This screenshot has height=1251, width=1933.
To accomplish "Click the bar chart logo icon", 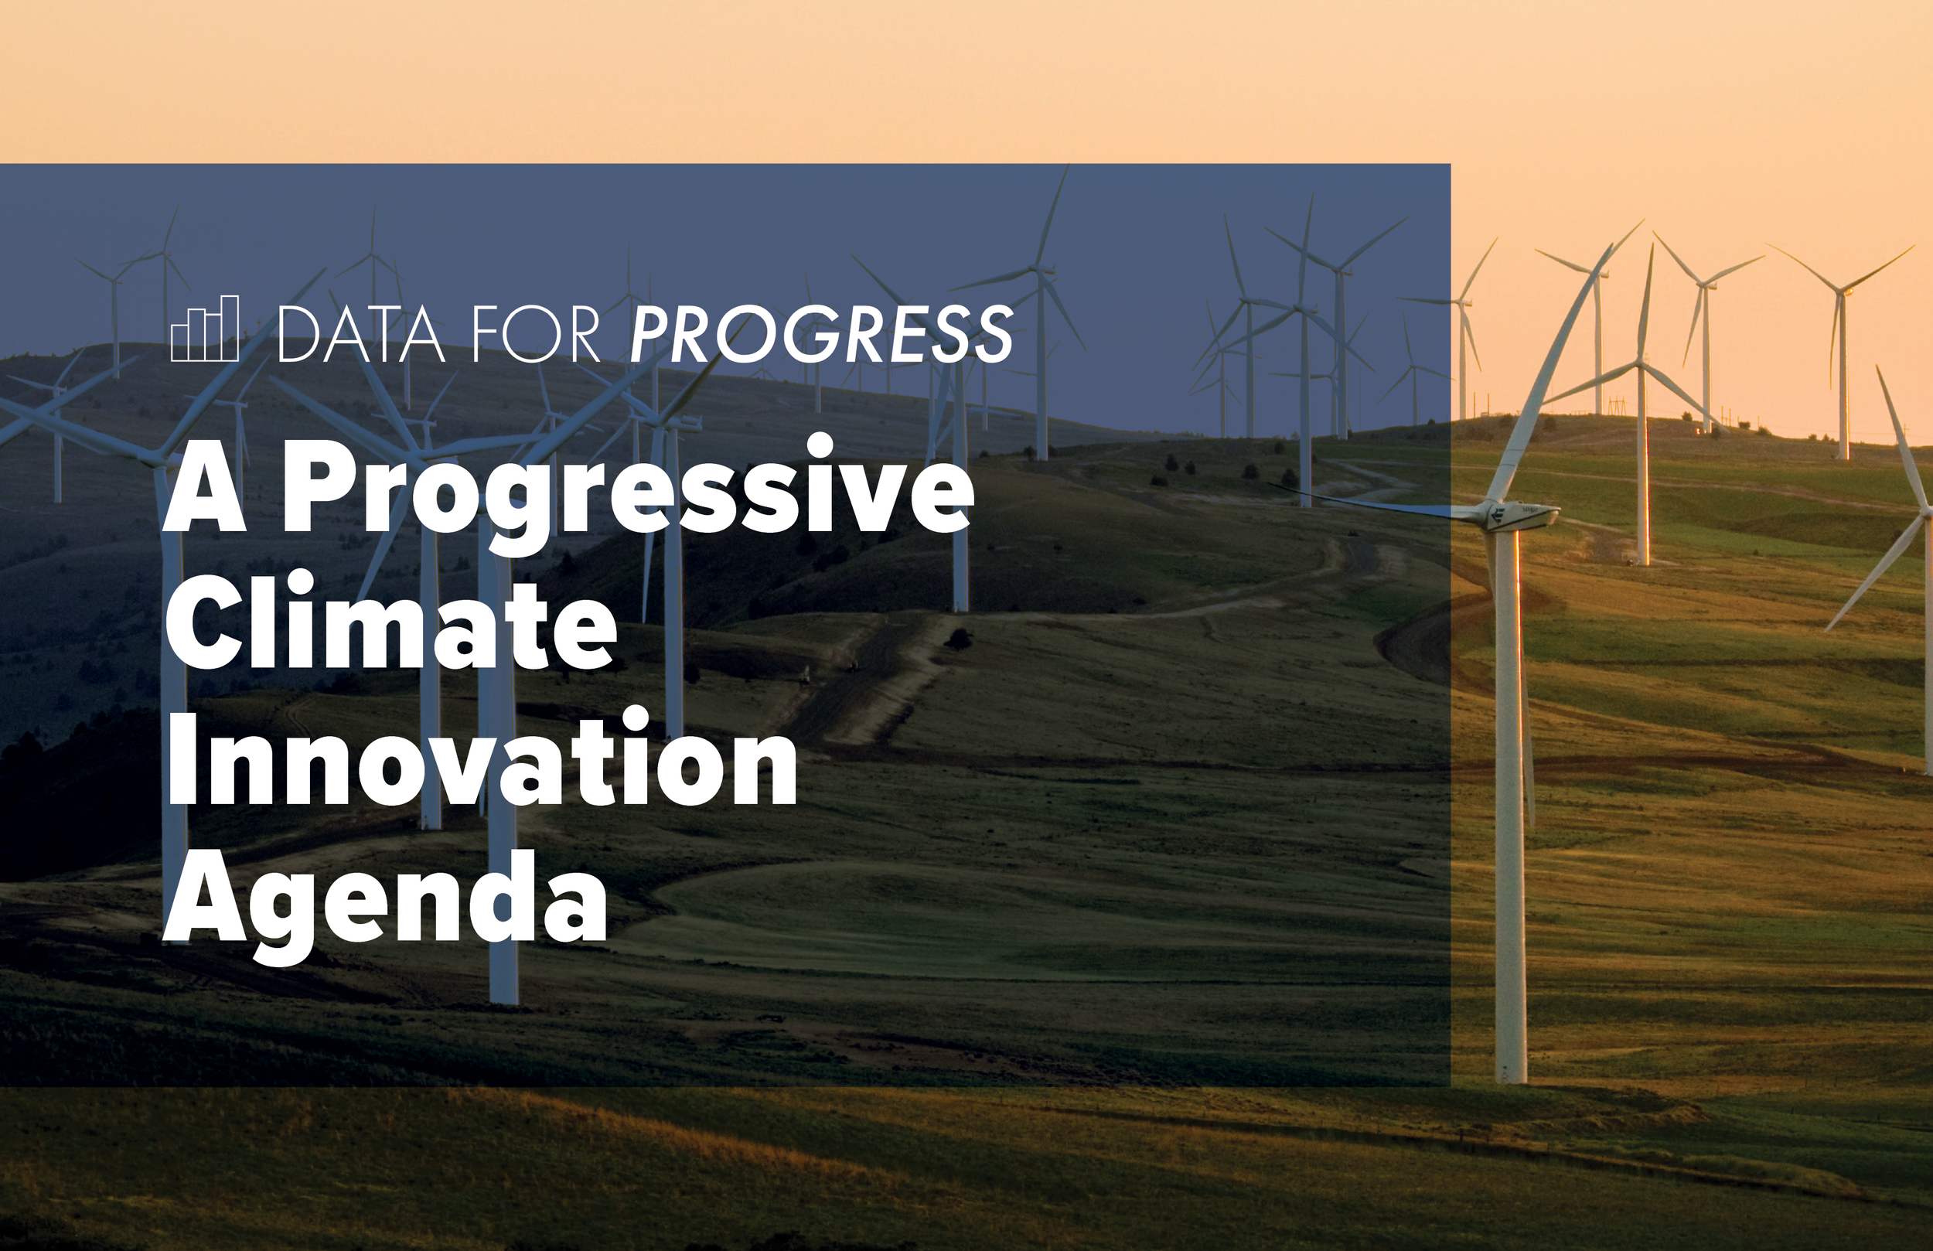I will tap(205, 328).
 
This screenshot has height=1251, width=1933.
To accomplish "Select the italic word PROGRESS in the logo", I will tap(821, 334).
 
